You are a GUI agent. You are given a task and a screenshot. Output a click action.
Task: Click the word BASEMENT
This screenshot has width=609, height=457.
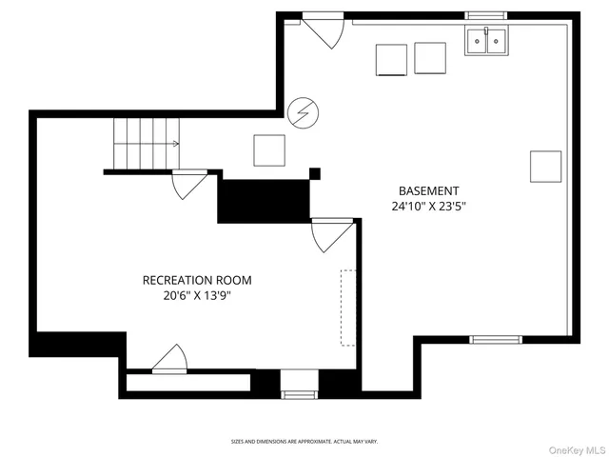[x=428, y=190]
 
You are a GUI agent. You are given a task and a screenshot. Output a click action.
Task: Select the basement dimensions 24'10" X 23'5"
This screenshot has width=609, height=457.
[x=428, y=206]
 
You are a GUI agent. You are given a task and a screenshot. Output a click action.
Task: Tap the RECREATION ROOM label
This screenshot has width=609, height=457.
[x=197, y=280]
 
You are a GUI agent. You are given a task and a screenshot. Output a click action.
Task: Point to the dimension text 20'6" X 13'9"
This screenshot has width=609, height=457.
[x=197, y=296]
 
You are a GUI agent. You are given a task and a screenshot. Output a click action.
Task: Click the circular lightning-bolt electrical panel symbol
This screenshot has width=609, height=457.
[x=304, y=112]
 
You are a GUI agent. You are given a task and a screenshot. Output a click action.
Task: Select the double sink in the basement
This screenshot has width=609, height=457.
[x=487, y=41]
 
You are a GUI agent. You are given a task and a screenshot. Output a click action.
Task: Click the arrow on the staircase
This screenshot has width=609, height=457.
[x=174, y=144]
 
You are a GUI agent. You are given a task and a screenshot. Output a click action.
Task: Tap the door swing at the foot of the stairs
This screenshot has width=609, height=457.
[x=189, y=184]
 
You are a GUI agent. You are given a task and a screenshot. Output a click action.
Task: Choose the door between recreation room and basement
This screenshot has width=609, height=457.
[x=331, y=234]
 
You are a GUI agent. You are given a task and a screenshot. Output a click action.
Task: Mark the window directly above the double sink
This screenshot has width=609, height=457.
[x=487, y=15]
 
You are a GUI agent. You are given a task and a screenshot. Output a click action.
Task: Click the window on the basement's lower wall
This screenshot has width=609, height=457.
[x=496, y=339]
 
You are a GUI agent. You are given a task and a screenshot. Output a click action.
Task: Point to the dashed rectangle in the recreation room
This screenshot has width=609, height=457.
[x=347, y=308]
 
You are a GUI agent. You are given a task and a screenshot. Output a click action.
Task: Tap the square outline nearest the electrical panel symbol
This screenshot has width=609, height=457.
[x=269, y=150]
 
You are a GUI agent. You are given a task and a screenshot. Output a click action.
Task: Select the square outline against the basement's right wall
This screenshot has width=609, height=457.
[x=545, y=166]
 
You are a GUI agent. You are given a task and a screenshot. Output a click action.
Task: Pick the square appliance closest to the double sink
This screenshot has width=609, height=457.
[x=430, y=59]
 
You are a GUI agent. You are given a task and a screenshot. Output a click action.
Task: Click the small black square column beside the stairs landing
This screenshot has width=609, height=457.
[x=315, y=173]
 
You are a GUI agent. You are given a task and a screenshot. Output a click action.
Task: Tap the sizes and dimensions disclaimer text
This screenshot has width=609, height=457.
[x=304, y=442]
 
